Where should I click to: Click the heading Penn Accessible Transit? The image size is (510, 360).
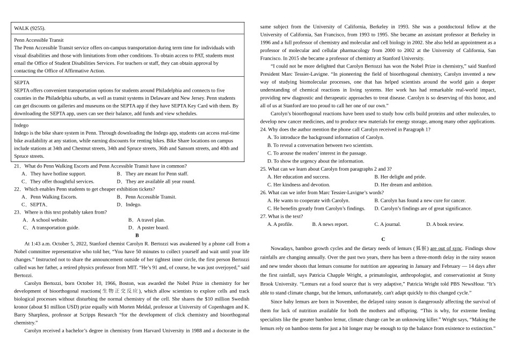pos(39,40)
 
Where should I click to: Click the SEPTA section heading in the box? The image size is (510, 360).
pos(22,83)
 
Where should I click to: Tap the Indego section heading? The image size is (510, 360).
pos(21,124)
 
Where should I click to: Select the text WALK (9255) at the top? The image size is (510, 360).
pos(30,28)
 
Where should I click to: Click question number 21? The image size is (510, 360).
pos(18,166)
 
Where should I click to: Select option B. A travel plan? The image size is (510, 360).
pos(147,220)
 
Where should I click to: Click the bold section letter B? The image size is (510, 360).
pos(137,236)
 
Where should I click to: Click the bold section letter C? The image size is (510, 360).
pos(383,239)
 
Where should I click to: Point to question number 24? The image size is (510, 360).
pos(263,129)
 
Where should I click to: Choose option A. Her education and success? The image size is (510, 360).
pos(298,177)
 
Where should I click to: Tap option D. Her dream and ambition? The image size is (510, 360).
pos(403,185)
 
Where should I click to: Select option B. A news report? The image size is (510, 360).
pos(330,224)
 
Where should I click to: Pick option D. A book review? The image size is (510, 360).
pos(445,224)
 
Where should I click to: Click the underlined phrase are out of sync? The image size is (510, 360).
pos(446,248)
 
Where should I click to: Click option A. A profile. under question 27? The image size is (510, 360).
pos(280,224)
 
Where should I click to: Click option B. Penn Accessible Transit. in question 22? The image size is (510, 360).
pos(147,197)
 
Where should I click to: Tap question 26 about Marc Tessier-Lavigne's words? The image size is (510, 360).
pos(322,192)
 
